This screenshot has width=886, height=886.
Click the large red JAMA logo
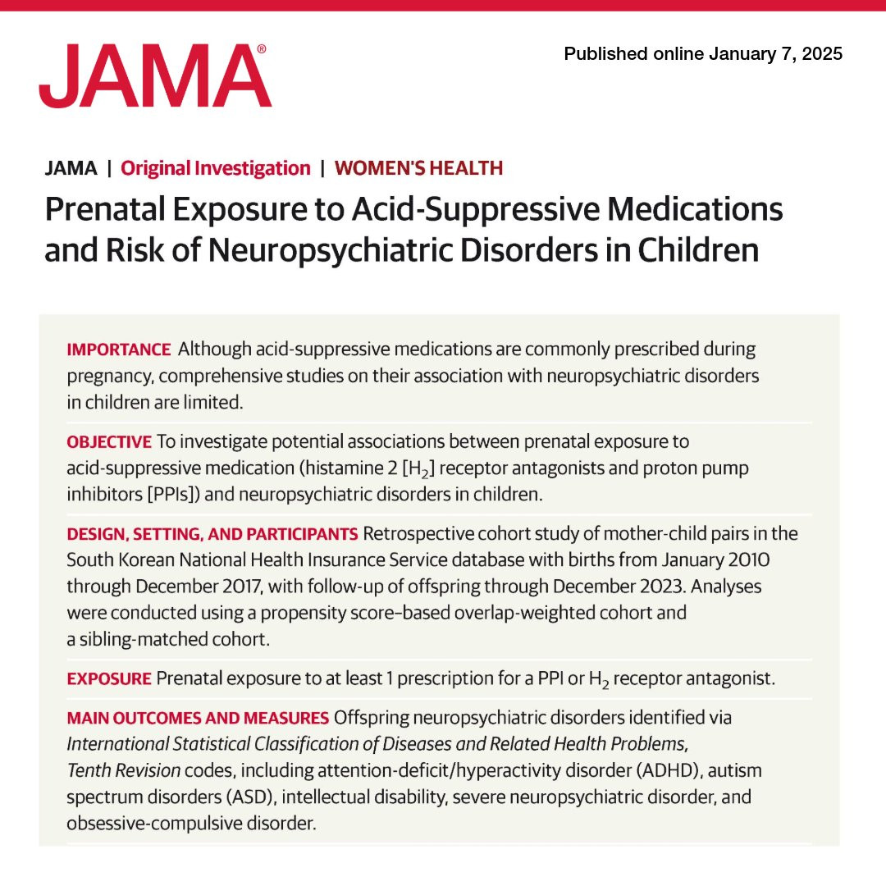coord(154,76)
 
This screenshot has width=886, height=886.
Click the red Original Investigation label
coord(216,169)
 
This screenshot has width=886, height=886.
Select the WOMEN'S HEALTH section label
coord(418,169)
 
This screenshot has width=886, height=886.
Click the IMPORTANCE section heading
coord(119,349)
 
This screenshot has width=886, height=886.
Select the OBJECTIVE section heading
coord(109,442)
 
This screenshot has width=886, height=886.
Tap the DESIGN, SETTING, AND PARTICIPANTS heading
coord(212,535)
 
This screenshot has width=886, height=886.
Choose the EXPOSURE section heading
coord(109,679)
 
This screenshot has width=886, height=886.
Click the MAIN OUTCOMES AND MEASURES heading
coord(198,719)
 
